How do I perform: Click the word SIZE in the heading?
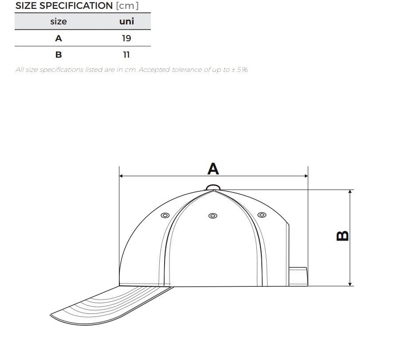[x=26, y=6]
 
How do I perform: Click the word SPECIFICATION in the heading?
[x=76, y=6]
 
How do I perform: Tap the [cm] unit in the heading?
[x=127, y=6]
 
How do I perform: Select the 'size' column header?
[x=59, y=21]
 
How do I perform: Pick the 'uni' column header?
[x=126, y=21]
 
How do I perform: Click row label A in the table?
[x=59, y=38]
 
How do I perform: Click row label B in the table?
[x=59, y=55]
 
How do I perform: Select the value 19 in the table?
[x=126, y=38]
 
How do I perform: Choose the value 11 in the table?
[x=126, y=55]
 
